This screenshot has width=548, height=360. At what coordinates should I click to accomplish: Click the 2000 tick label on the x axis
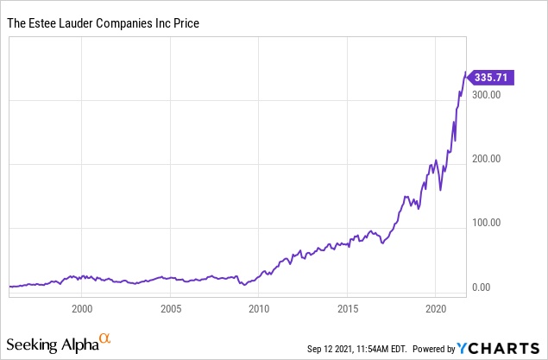[x=81, y=307]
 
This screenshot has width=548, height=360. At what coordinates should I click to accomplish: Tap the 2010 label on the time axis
[x=258, y=307]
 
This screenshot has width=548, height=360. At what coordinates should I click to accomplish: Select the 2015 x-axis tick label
[x=347, y=307]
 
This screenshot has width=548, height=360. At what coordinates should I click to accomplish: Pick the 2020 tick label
[x=436, y=307]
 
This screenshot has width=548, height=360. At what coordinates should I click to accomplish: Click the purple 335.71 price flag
[x=494, y=78]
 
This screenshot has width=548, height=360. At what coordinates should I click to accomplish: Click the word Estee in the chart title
[x=40, y=23]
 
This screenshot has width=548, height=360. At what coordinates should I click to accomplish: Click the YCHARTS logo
[x=501, y=348]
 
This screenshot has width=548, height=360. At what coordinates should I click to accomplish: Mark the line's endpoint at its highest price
[x=467, y=73]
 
